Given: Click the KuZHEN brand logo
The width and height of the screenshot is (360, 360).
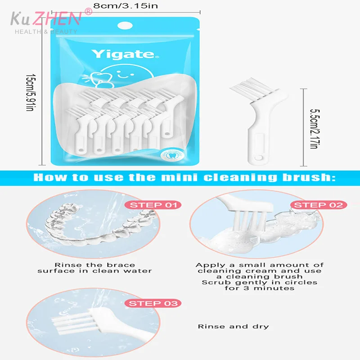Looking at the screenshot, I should click(x=46, y=18).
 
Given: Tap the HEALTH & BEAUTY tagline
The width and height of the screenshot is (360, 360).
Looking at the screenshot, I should click(x=46, y=31).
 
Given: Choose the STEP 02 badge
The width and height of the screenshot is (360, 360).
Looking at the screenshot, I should click(x=318, y=205).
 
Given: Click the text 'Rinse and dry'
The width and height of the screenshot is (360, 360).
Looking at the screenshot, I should click(x=234, y=326).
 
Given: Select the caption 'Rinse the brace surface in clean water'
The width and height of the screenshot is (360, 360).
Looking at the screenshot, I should click(x=94, y=268).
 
